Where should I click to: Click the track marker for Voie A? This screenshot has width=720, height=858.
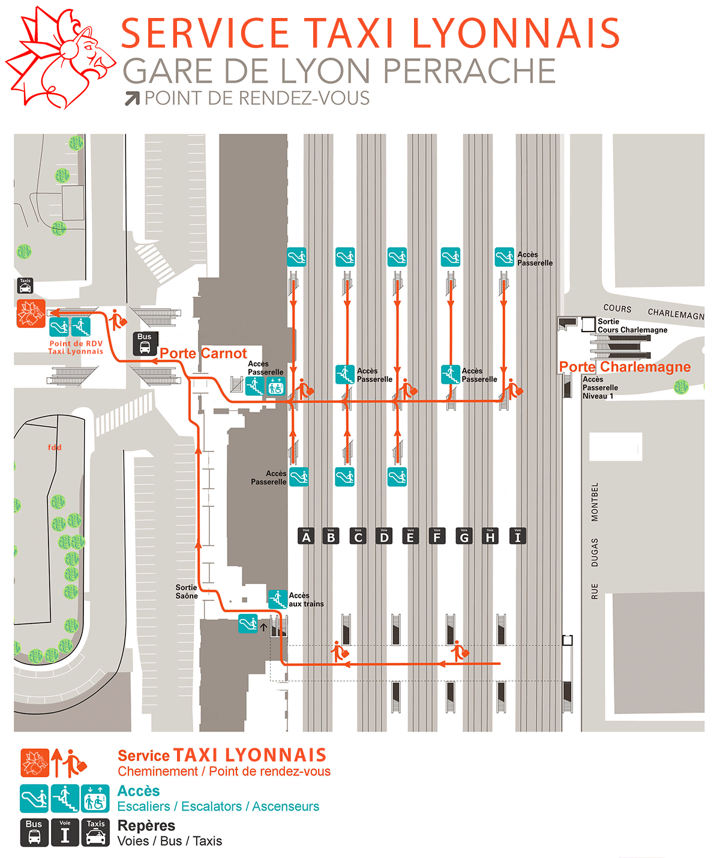click(306, 535)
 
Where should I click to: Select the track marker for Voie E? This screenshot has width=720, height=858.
click(410, 535)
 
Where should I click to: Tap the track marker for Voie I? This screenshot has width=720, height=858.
click(518, 535)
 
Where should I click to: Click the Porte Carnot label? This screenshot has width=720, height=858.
click(203, 353)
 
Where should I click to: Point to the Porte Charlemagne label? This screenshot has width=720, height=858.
click(625, 366)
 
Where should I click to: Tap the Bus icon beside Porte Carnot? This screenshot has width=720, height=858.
click(145, 343)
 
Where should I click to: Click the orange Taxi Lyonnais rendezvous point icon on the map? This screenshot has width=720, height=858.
click(31, 313)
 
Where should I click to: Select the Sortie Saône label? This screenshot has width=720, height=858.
click(187, 592)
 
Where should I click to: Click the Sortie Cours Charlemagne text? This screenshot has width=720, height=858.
click(632, 326)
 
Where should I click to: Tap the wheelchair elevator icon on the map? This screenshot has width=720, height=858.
click(275, 386)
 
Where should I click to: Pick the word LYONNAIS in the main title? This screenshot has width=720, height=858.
click(516, 34)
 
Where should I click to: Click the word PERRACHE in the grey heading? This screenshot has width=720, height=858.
click(469, 71)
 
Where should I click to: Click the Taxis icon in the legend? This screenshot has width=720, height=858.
click(95, 832)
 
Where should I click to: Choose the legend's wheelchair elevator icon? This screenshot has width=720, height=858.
click(95, 798)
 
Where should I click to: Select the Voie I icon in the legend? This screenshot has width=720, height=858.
click(65, 832)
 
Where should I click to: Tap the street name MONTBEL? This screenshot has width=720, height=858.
click(595, 502)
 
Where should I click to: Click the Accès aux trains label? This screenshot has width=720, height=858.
click(306, 600)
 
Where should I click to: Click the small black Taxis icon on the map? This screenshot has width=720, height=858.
click(25, 285)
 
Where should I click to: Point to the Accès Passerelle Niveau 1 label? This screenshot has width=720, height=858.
click(599, 387)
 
